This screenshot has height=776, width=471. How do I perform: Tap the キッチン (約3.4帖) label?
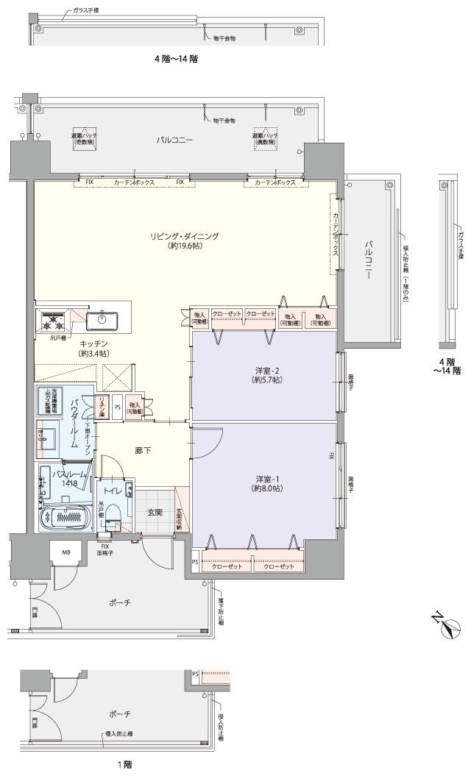click(93, 349)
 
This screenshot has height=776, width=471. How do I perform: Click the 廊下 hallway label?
click(143, 451)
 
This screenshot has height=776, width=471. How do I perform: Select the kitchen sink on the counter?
click(101, 320)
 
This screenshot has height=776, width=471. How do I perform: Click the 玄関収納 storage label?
click(180, 519)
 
